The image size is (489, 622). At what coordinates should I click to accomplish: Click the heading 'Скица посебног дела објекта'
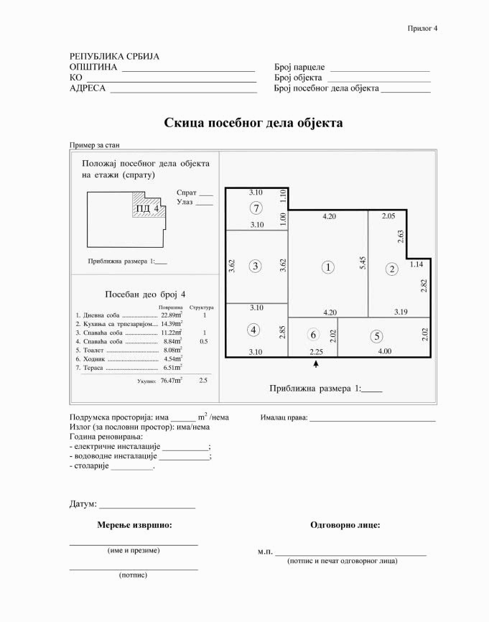click(253, 124)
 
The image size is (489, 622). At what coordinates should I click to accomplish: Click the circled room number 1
click(328, 267)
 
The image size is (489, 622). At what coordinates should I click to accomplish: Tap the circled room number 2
click(391, 269)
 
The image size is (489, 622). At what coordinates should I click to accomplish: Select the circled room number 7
click(255, 208)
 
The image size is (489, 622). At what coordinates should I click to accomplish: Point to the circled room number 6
click(312, 335)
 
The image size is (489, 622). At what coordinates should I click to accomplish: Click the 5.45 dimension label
click(363, 263)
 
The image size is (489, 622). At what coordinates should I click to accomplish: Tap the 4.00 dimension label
click(385, 351)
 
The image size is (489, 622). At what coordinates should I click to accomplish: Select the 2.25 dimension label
click(317, 351)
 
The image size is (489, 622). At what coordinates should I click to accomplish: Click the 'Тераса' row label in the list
click(93, 368)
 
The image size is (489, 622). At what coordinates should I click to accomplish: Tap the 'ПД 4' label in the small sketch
click(146, 209)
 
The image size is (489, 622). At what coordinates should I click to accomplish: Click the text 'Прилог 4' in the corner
click(422, 28)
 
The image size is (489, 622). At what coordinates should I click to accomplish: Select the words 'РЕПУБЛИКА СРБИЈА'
click(114, 56)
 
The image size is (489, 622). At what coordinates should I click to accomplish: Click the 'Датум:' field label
click(83, 504)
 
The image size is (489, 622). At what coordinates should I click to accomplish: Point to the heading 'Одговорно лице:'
click(345, 525)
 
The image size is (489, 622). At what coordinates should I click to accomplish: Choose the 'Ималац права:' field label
click(284, 417)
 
